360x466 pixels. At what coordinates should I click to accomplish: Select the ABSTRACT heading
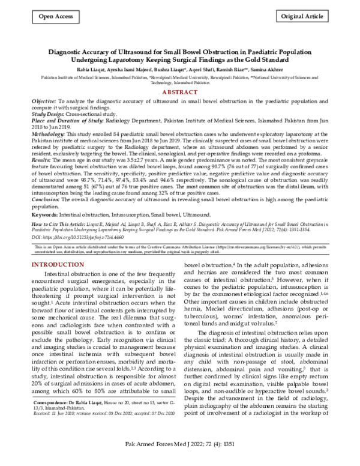coord(180,92)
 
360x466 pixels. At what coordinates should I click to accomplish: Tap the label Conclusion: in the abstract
coord(46,199)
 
